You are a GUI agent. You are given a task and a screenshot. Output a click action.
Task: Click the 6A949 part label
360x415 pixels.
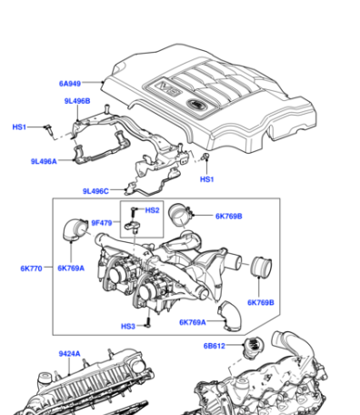[x=70, y=84]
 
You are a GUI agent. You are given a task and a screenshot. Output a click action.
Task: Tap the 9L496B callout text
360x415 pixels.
[x=77, y=101]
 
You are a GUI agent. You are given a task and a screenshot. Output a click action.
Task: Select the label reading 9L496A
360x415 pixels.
[x=44, y=161]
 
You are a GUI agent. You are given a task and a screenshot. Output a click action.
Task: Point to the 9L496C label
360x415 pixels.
[x=95, y=191]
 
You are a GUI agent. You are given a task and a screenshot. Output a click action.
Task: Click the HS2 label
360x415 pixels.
[x=152, y=210]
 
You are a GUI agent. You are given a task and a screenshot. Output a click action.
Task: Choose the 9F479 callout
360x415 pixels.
[x=102, y=223]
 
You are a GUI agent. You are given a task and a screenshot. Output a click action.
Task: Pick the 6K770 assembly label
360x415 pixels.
[x=31, y=268]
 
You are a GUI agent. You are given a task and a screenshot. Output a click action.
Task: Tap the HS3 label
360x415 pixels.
[x=128, y=327]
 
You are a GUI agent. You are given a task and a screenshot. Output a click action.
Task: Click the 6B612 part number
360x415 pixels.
[x=215, y=346]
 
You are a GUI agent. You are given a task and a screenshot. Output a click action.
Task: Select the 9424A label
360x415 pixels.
[x=69, y=354]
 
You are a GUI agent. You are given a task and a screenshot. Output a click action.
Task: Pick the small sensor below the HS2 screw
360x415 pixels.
[x=132, y=227]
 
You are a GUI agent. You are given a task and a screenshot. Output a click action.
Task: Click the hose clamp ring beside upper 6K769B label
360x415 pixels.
[x=179, y=215]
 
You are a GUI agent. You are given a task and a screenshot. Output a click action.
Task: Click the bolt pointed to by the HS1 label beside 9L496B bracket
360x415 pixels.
[x=49, y=129]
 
